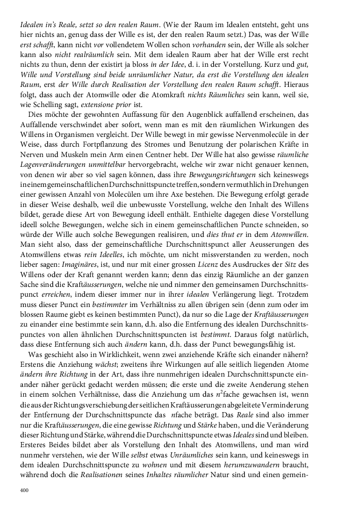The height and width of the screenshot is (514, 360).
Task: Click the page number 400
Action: coord(25,491)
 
